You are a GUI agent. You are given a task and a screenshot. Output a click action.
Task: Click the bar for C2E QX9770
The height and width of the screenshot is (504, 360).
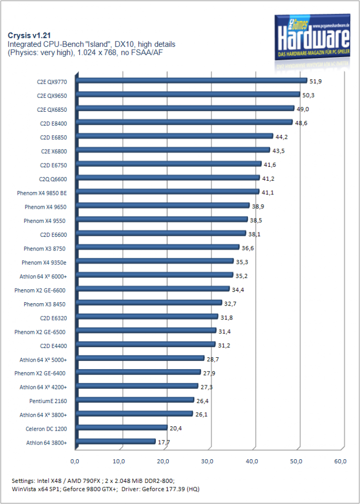(x=192, y=81)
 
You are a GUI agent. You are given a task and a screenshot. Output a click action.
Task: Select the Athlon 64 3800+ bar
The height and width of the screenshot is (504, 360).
(x=116, y=441)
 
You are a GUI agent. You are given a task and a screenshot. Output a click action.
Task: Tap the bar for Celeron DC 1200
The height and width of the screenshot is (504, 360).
(x=121, y=428)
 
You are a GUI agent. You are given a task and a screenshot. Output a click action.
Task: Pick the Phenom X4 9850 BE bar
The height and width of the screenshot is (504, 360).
(x=168, y=192)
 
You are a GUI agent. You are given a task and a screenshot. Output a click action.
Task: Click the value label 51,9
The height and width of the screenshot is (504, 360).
(x=315, y=81)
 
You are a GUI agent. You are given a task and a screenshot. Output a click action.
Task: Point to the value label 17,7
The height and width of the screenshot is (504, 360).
(x=164, y=442)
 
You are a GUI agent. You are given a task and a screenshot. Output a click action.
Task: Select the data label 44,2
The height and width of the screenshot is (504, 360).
(x=281, y=137)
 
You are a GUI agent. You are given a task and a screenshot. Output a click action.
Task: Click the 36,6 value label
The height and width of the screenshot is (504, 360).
(x=247, y=248)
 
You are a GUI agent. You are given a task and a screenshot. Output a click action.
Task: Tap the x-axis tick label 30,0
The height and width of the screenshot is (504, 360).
(x=208, y=461)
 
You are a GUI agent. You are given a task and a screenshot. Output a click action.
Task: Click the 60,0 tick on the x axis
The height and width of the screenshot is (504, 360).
(x=340, y=461)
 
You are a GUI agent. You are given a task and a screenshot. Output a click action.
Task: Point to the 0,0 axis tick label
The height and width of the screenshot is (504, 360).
(x=75, y=461)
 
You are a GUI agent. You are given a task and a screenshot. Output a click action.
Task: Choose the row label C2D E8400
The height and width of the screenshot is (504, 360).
(x=54, y=124)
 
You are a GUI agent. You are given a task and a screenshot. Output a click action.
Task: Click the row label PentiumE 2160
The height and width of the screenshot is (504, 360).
(x=48, y=401)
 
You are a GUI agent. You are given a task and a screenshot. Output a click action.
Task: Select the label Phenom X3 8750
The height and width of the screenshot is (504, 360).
(x=45, y=249)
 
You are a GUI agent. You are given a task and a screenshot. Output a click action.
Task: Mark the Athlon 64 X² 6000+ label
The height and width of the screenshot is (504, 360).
(x=43, y=277)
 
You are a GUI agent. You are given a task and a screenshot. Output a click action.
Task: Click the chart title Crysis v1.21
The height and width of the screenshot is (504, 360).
(x=29, y=35)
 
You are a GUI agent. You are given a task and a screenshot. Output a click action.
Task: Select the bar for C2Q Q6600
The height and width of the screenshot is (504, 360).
(x=168, y=178)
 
